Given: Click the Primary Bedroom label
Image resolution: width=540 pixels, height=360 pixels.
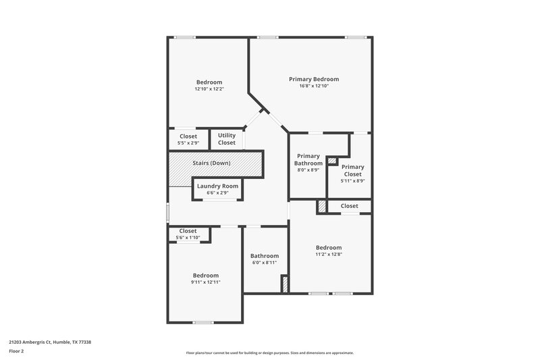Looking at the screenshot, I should [x=314, y=79].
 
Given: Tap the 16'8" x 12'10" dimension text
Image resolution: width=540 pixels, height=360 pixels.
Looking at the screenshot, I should [x=314, y=86].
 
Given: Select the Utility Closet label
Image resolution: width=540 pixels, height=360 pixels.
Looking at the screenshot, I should [x=227, y=139].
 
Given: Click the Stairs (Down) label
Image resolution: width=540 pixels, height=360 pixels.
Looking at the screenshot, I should [x=211, y=163].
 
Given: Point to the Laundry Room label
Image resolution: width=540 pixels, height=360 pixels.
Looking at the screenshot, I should [x=217, y=186].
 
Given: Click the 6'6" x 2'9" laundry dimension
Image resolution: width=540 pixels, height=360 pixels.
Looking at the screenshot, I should [x=217, y=192].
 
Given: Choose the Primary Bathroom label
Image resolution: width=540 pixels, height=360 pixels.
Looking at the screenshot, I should [x=308, y=159].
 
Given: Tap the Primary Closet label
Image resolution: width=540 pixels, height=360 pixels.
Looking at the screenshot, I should [x=352, y=170].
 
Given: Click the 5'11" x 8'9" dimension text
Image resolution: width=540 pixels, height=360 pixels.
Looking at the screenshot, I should [x=352, y=181].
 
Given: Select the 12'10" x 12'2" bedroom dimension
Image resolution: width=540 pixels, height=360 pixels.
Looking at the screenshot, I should [x=209, y=89].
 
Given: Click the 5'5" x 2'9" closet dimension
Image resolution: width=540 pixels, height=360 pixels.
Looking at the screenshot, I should [x=188, y=143].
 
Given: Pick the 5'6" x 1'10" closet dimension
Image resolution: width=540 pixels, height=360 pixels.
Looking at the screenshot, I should [x=188, y=238].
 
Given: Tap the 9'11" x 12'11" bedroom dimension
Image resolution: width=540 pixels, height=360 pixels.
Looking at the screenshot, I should [x=206, y=282].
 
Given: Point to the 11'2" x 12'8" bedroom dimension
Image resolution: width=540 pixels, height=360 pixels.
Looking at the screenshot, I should [x=329, y=255].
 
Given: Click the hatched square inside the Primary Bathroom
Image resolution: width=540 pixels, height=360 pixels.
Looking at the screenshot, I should [x=331, y=161].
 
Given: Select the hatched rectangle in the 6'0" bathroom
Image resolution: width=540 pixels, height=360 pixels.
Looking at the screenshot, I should [x=285, y=284].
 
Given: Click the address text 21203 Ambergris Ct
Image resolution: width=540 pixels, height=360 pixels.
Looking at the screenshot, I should [x=51, y=342].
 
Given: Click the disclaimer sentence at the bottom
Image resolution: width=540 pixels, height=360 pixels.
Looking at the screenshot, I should [x=270, y=353].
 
